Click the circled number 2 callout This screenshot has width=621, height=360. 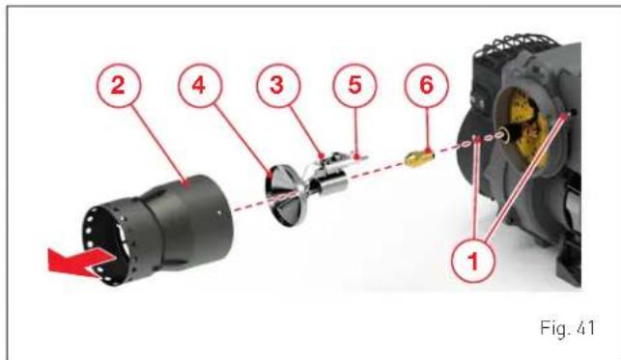[x=119, y=86]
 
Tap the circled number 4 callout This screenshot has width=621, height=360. [x=199, y=86]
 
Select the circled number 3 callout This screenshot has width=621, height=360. [x=278, y=86]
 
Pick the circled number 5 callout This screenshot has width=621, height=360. [x=354, y=86]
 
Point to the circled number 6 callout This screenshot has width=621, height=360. [x=427, y=86]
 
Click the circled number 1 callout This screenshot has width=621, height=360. [x=473, y=261]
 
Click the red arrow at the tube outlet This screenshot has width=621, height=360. [x=81, y=262]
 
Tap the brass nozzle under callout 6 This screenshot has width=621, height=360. [x=419, y=158]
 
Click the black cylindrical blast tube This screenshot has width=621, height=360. [x=158, y=230]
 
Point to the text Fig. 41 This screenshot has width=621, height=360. [x=567, y=328]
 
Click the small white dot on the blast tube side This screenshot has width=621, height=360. [x=219, y=212]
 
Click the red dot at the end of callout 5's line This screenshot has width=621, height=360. [x=357, y=157]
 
